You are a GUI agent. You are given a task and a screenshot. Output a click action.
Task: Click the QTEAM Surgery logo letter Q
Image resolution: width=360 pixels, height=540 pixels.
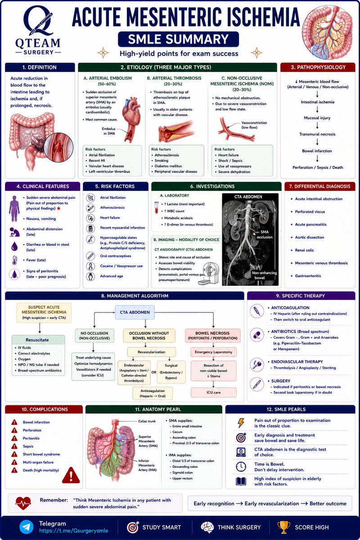tap(38, 21)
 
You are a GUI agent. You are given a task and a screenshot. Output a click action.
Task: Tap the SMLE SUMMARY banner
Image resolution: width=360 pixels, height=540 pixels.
tap(179, 39)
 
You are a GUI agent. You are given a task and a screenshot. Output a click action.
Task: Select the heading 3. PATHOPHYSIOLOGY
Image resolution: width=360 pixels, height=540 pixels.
tap(318, 67)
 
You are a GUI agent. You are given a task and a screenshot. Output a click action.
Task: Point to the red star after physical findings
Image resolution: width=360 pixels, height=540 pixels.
tap(58, 208)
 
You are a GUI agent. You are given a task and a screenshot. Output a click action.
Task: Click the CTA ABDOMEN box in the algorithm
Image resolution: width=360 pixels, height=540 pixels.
tap(135, 312)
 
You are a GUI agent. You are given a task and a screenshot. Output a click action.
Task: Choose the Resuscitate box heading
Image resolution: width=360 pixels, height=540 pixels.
tap(37, 340)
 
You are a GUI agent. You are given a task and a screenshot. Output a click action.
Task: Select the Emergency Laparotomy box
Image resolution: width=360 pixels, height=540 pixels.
tap(213, 352)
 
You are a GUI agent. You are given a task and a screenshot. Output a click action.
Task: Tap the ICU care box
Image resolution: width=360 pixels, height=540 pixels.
tap(213, 392)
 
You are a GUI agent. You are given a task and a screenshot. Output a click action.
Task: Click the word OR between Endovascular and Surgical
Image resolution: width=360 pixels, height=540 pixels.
tap(154, 372)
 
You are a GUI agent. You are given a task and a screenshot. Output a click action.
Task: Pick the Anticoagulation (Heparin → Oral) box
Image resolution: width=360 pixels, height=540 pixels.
tap(153, 393)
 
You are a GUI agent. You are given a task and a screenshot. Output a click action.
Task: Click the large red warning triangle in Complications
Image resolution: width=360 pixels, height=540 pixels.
tap(71, 475)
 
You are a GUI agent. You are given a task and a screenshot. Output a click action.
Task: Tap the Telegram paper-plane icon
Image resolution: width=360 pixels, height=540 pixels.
tap(26, 527)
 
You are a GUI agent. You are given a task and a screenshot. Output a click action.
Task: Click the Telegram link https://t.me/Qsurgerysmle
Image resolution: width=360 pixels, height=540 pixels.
tap(73, 531)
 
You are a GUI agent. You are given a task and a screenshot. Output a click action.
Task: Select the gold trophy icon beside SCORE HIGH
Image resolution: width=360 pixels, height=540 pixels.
tap(284, 527)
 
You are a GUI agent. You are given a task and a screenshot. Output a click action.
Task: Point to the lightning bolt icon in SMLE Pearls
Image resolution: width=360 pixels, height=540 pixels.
tap(241, 423)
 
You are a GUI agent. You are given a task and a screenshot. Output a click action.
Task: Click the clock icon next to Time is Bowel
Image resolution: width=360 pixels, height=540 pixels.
tap(241, 467)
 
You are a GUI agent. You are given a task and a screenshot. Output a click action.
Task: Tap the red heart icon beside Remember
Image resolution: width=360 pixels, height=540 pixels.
tap(23, 503)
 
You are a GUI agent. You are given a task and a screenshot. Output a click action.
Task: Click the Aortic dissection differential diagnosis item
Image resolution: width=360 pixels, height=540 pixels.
tap(310, 237)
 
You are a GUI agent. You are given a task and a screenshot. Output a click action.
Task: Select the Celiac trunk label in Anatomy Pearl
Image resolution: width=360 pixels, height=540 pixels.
tap(147, 421)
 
